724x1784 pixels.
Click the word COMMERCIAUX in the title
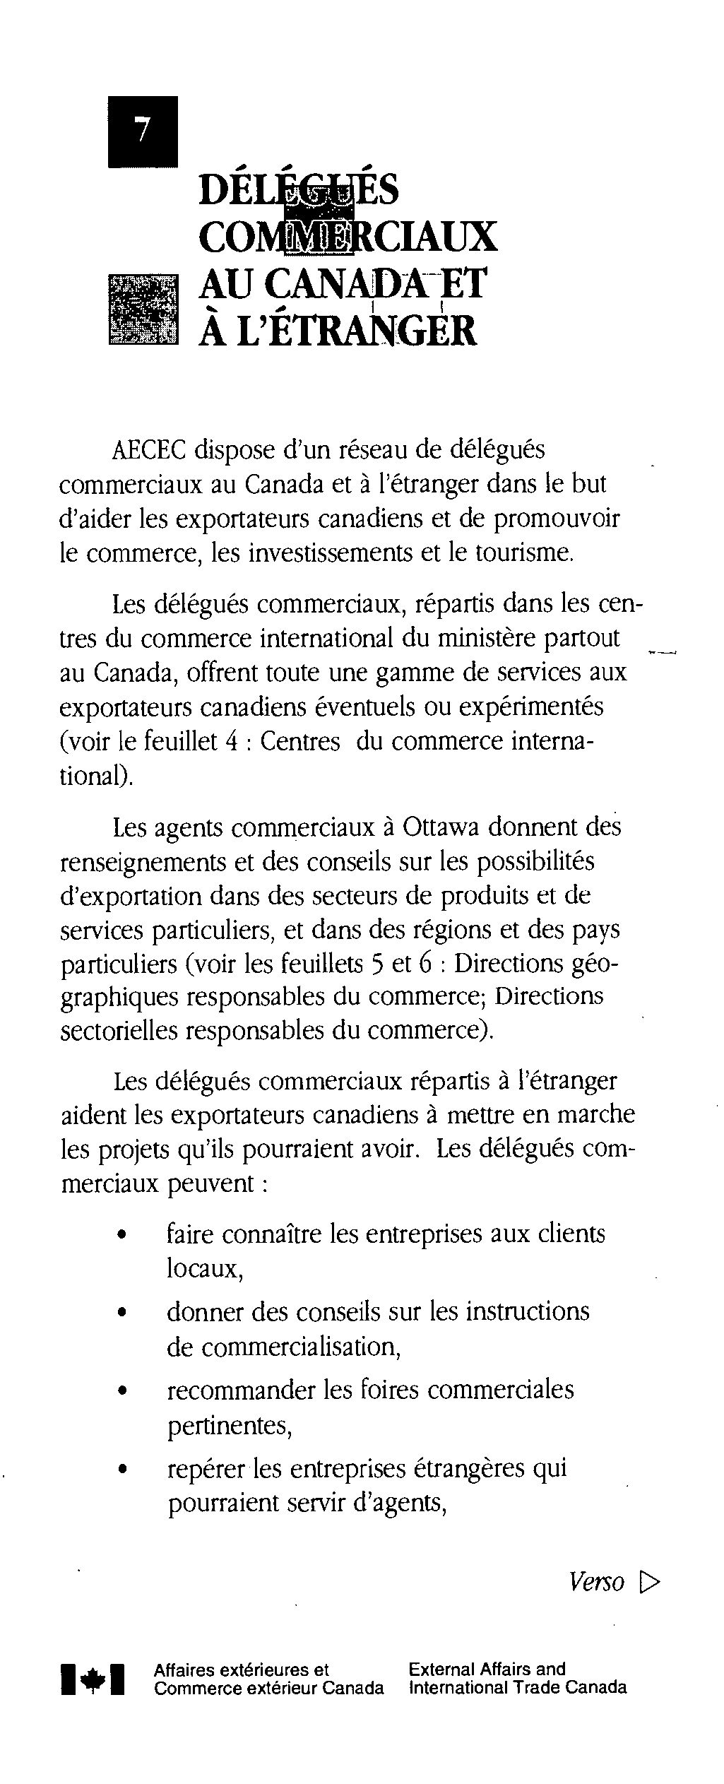348,237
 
